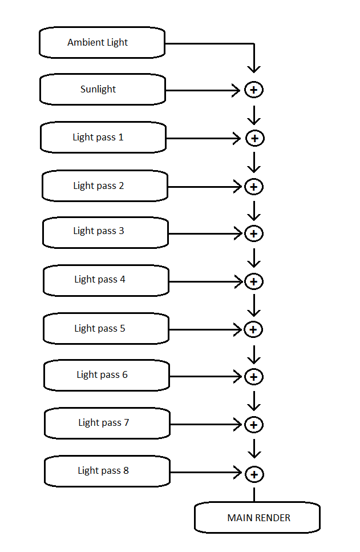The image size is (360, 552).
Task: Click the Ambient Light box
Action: (x=102, y=42)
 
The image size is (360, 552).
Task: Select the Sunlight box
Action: (x=102, y=90)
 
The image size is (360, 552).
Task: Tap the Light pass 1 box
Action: (x=103, y=138)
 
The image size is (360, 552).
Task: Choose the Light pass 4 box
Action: (x=106, y=281)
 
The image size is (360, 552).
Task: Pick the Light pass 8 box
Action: (x=107, y=471)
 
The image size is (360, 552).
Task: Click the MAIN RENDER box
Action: (x=257, y=518)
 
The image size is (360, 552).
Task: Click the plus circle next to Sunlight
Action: (x=254, y=90)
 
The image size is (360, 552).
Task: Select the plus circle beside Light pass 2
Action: (x=254, y=187)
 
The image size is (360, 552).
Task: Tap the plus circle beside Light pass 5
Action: (x=253, y=329)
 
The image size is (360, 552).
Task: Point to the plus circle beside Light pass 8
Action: (x=254, y=474)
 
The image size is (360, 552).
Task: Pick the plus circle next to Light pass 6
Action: (x=254, y=377)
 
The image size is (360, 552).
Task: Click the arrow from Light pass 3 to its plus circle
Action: (x=205, y=233)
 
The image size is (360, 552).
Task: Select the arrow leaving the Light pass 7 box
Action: (x=206, y=424)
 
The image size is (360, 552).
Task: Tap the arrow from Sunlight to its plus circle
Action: (x=203, y=90)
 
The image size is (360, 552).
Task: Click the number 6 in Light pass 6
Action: (x=125, y=374)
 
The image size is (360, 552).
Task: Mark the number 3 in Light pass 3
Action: (x=122, y=231)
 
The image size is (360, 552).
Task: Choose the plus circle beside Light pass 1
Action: (x=255, y=138)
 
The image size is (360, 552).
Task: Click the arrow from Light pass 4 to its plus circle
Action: (x=206, y=281)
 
